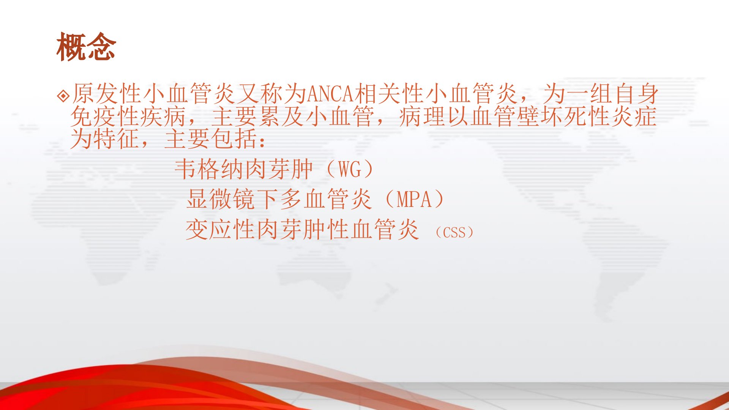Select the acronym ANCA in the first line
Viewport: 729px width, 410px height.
point(330,94)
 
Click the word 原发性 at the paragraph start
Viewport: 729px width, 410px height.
point(106,94)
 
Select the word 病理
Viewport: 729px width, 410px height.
point(422,117)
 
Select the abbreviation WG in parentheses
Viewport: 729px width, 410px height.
point(350,169)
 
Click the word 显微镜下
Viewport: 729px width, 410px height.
point(232,199)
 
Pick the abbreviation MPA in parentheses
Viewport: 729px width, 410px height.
point(414,199)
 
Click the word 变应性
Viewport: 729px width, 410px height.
point(220,230)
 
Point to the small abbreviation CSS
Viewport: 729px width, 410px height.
point(454,232)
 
